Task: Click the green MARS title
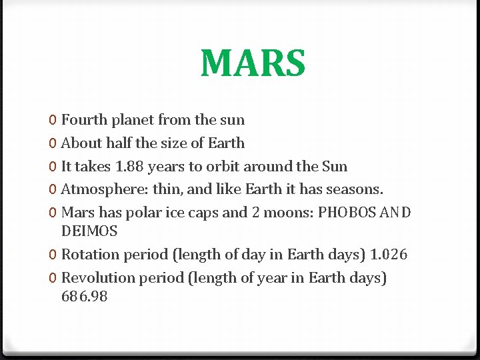pos(253,63)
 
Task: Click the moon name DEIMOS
pos(89,231)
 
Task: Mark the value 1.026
pos(389,255)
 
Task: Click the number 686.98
pos(84,296)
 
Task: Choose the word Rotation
pos(87,255)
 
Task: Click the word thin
pos(166,189)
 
